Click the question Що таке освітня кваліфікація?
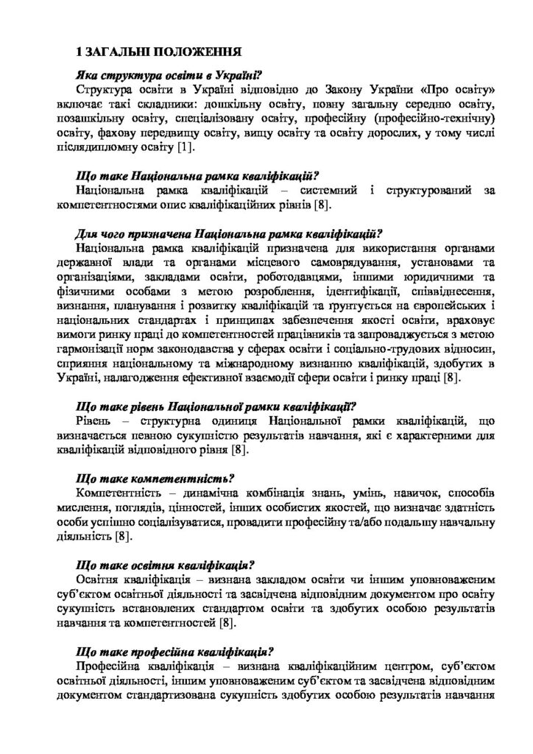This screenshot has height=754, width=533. point(166,565)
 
